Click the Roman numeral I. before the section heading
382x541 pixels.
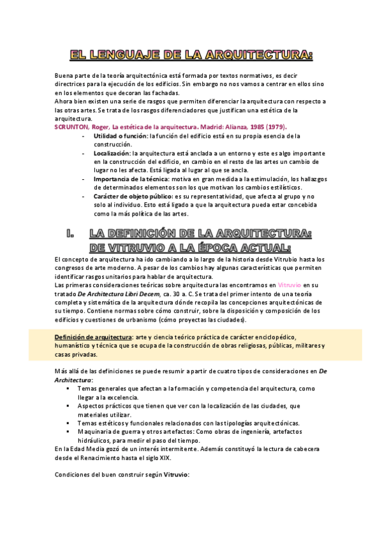pyautogui.click(x=71, y=235)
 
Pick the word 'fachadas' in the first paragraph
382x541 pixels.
pyautogui.click(x=163, y=93)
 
